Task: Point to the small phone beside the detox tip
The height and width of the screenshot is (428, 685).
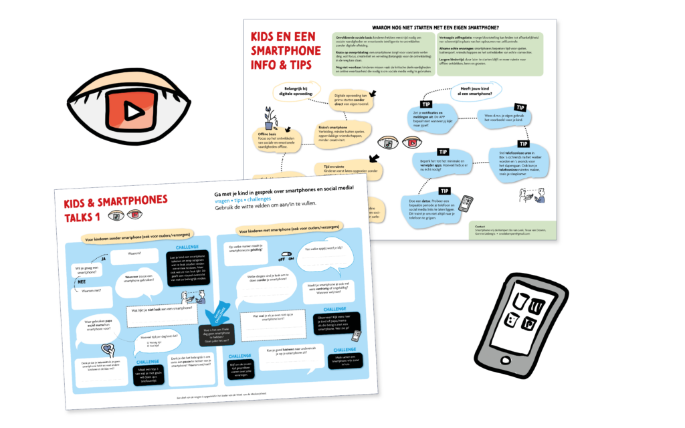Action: (x=466, y=203)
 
